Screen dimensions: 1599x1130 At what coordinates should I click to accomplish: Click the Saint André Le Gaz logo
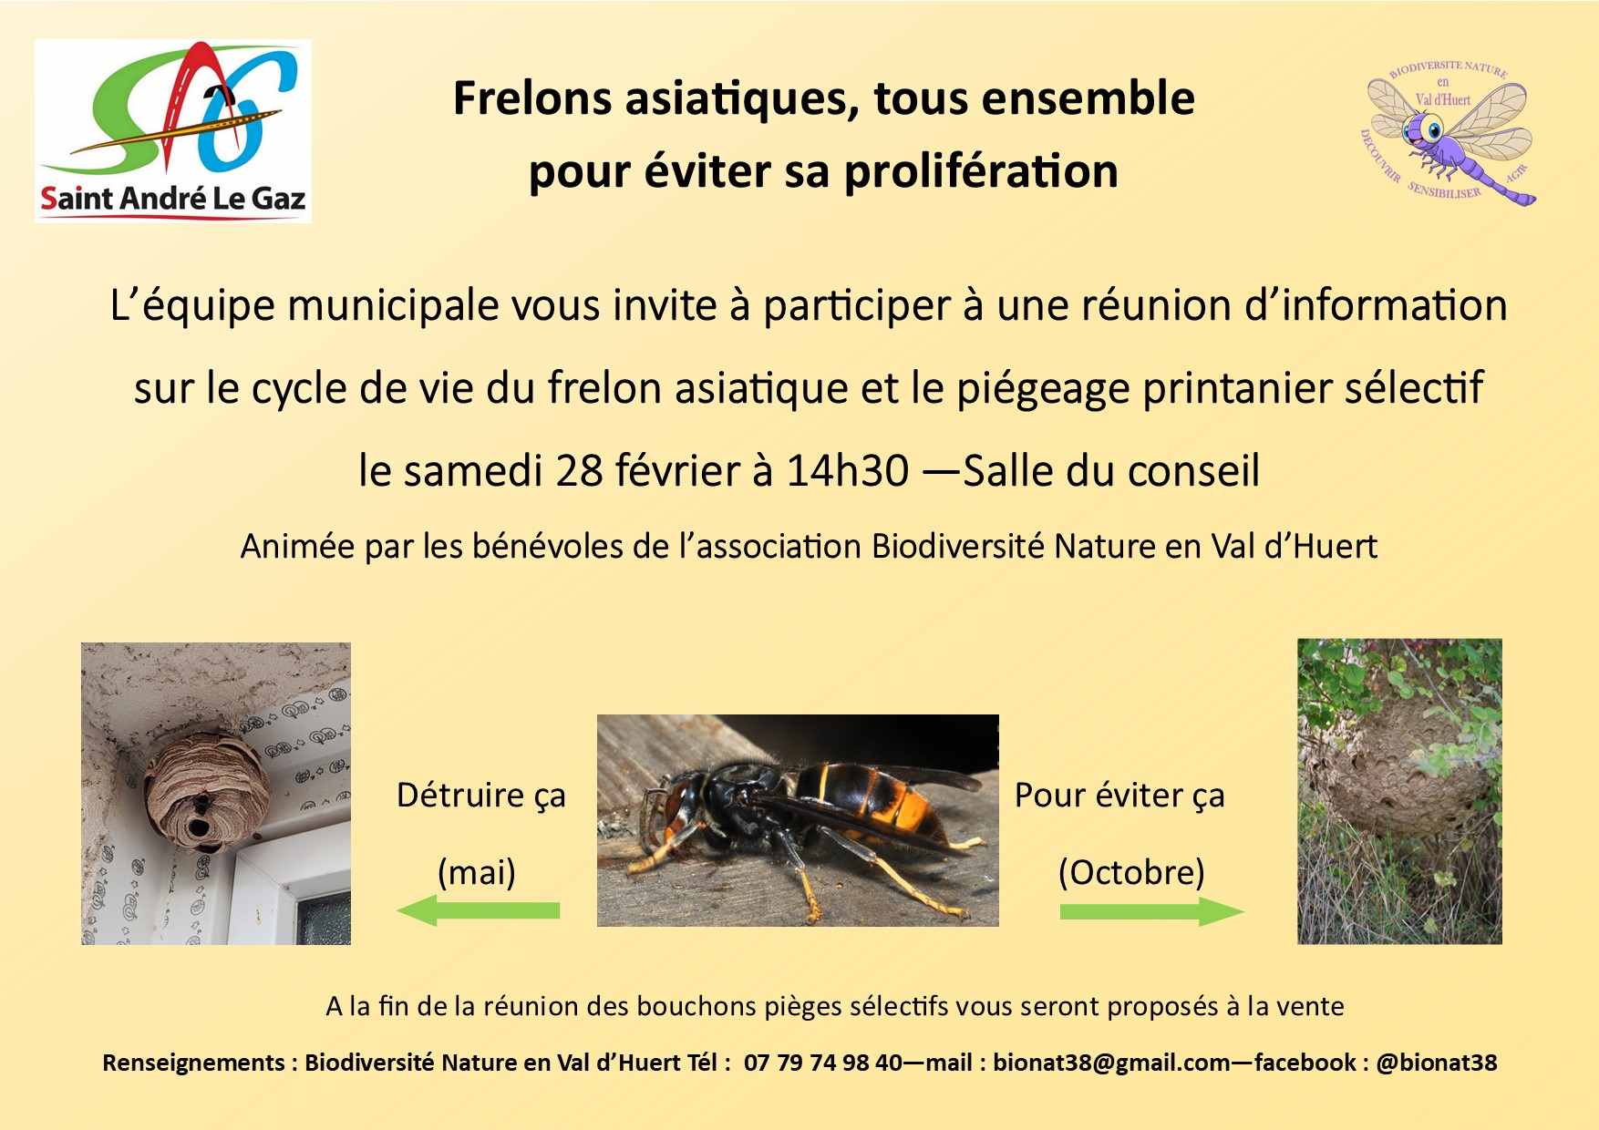173,130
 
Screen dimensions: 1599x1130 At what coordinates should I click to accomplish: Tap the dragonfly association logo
1449,132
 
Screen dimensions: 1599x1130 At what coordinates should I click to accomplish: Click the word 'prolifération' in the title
981,171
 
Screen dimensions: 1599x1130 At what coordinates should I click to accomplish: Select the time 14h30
848,470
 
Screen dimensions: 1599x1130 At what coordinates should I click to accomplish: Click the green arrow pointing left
478,910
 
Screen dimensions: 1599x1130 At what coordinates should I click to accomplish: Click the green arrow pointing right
1152,911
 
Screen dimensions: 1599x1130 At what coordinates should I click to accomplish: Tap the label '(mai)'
477,872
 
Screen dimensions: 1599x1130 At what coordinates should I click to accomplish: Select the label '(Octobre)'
1131,872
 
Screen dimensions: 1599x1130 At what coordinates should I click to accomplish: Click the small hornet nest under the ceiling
207,787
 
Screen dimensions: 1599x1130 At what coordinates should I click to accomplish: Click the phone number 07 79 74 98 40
823,1063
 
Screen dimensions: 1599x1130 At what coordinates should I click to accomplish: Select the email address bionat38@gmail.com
1111,1063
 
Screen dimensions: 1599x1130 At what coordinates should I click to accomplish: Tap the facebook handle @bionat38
1436,1063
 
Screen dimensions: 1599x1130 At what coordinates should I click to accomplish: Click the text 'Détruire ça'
481,796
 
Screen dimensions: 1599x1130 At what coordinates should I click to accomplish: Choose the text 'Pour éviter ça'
1119,796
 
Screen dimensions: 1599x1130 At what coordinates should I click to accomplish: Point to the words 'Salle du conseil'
1111,470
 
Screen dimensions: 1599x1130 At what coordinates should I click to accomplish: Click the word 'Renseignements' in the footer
193,1063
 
